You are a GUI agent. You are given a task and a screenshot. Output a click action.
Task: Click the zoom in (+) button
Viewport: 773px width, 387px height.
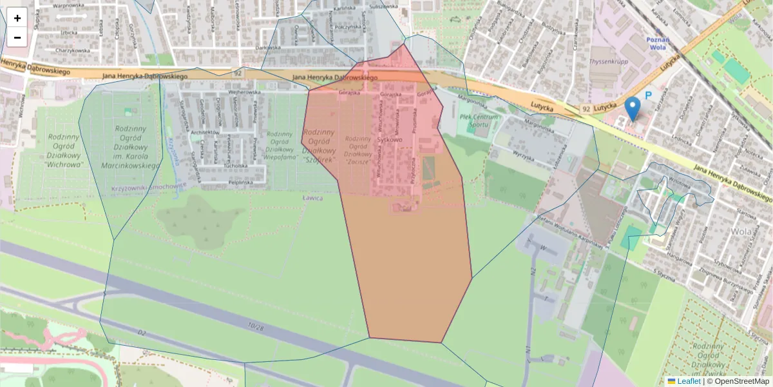(17, 18)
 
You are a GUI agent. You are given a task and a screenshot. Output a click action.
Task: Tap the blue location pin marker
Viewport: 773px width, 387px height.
(633, 108)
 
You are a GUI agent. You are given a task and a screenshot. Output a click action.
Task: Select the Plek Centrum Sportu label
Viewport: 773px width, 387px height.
(480, 121)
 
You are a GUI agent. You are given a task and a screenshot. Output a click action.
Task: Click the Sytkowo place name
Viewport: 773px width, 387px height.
(390, 139)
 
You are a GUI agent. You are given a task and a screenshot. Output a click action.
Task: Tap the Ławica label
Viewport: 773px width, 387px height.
(312, 198)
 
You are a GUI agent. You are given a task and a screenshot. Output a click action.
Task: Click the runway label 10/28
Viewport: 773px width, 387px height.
(256, 328)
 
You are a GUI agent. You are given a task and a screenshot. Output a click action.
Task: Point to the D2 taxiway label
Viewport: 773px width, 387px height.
(141, 333)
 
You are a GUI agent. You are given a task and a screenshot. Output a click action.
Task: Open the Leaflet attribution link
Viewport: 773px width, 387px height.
(687, 381)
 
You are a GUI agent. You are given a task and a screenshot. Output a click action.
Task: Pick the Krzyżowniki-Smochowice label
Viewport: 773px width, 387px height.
(149, 185)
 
